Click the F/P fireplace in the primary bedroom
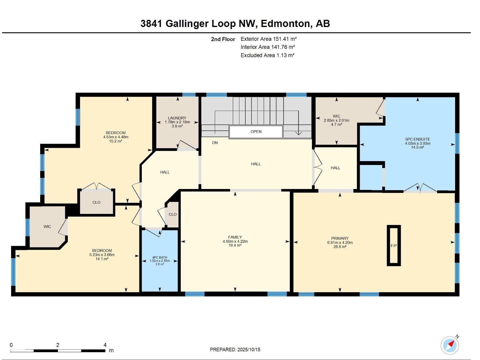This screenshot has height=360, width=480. [394, 245]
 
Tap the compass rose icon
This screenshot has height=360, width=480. [450, 345]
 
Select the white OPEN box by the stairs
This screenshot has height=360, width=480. [256, 132]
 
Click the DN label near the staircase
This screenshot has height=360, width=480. [215, 143]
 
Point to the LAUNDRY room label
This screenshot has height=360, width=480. [177, 118]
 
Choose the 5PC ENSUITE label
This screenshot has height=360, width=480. [418, 139]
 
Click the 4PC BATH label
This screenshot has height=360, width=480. [160, 257]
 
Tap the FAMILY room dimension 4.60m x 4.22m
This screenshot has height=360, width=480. [235, 241]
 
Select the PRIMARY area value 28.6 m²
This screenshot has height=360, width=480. [340, 247]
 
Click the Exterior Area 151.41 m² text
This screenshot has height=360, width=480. [268, 39]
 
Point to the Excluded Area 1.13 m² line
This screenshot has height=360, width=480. [267, 55]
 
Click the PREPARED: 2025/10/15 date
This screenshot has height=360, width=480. [235, 349]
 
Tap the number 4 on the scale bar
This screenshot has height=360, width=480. [105, 345]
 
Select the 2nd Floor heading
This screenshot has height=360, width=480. [223, 39]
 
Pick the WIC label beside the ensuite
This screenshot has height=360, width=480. [336, 116]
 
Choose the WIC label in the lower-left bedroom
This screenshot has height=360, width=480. [47, 226]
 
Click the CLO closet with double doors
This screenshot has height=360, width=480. [96, 202]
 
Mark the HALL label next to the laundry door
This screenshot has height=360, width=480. [165, 172]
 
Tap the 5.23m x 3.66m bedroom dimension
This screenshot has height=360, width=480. [102, 255]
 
